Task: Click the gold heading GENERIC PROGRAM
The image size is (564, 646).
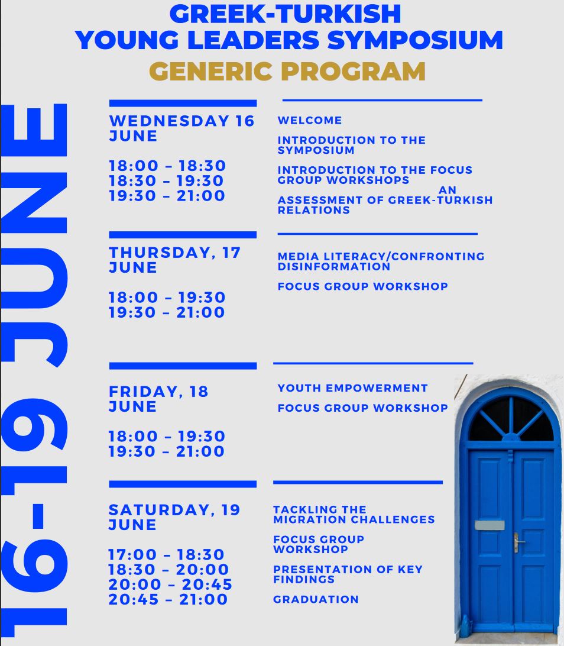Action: point(287,72)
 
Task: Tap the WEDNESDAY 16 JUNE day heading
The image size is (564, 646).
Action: point(181,128)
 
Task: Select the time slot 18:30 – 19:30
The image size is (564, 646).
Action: point(167,180)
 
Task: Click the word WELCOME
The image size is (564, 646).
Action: point(310,120)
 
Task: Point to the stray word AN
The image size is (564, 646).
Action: point(448,190)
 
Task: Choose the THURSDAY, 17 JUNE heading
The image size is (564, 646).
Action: point(174,260)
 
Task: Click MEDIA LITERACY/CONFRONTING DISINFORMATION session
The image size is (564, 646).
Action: point(381,261)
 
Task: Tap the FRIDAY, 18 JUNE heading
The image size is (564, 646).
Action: point(158,399)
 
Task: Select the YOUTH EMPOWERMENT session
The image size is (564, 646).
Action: point(352,388)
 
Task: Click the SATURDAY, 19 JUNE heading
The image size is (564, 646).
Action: point(174,517)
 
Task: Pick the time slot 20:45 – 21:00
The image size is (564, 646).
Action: point(168,599)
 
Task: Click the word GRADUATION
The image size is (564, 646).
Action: point(316,599)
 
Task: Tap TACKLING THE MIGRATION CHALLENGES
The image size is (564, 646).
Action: point(354,514)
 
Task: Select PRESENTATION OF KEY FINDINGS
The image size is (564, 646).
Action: point(348,574)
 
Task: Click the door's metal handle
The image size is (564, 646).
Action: point(518,540)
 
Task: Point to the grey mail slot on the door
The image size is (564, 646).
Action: point(490,525)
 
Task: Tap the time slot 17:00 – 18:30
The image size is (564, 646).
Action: point(166,554)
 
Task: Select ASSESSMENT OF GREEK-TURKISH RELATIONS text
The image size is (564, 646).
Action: point(385,205)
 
